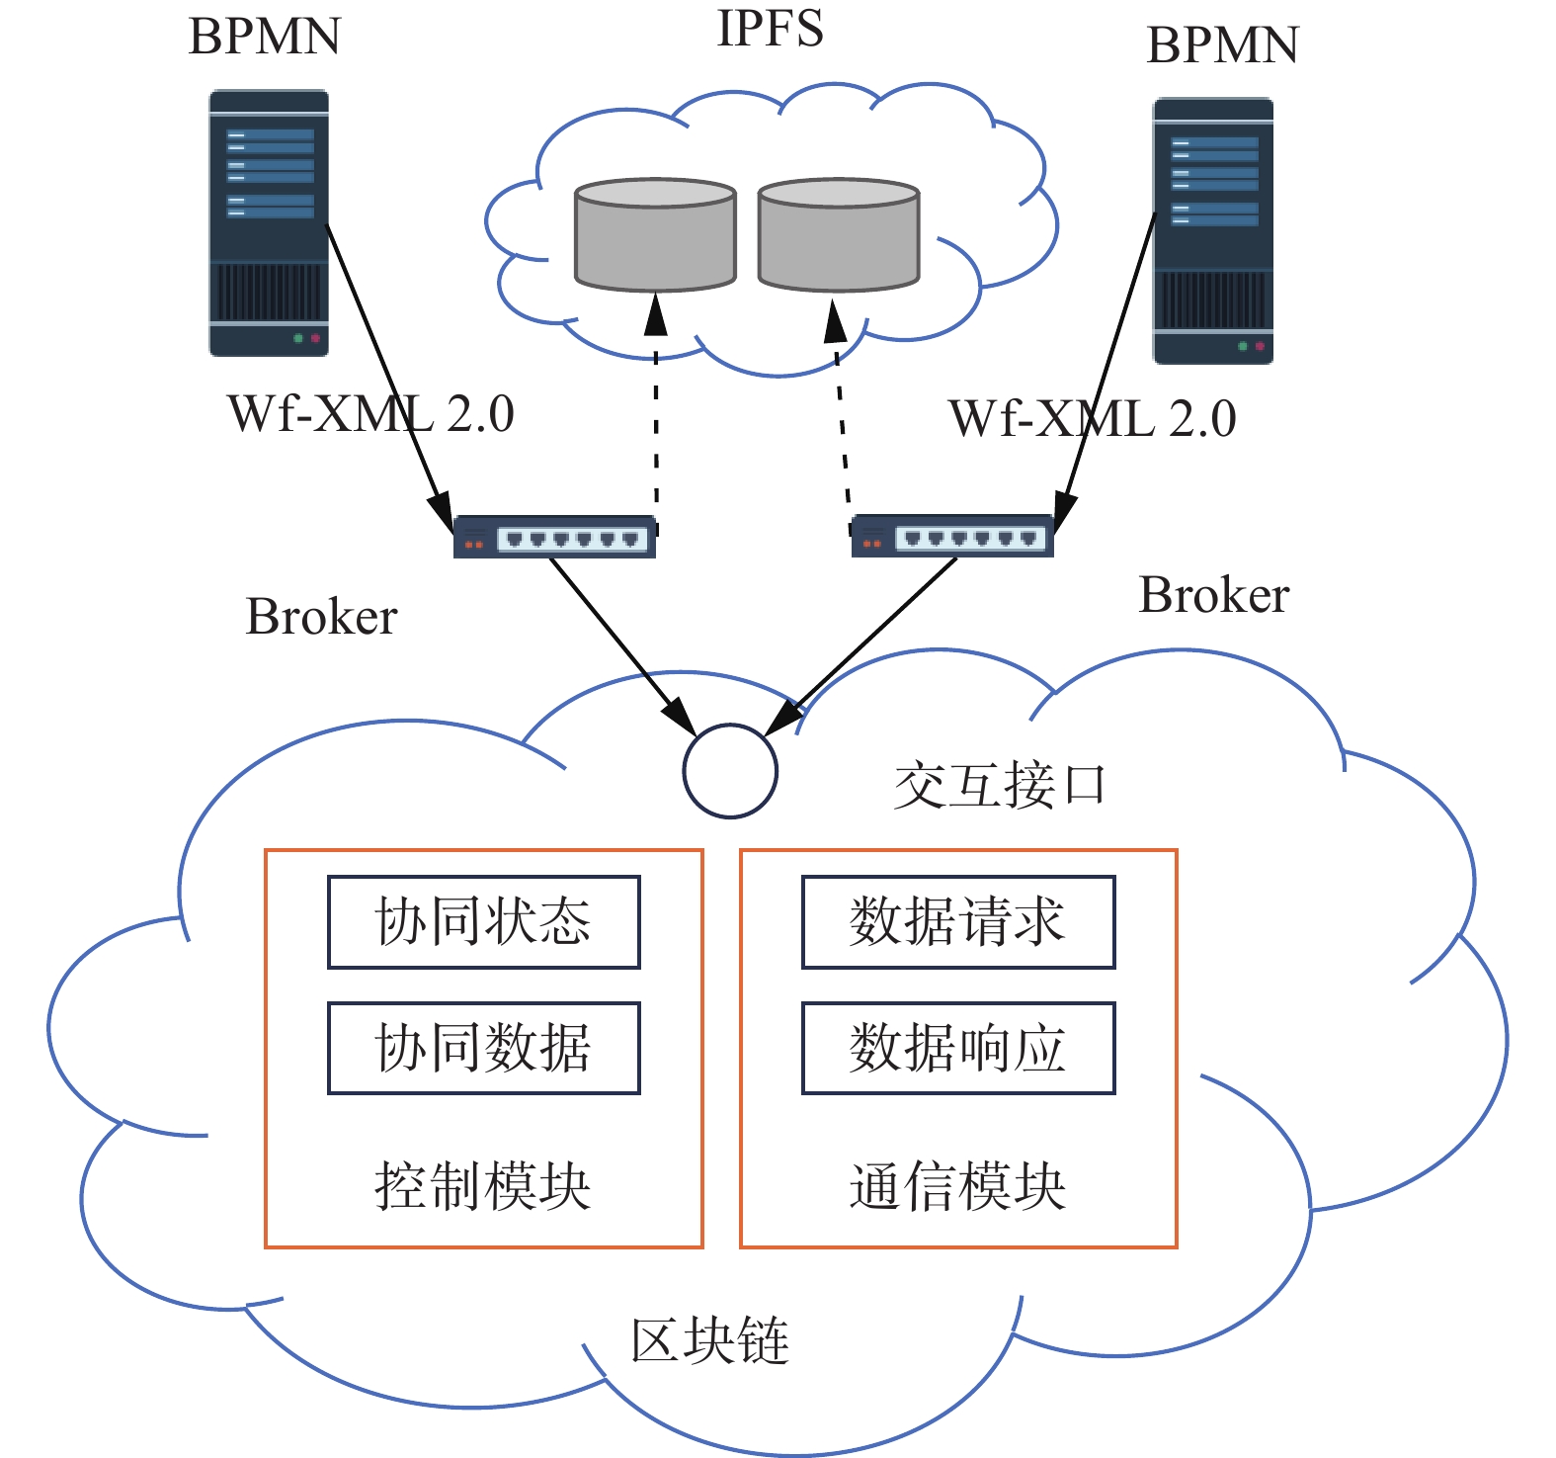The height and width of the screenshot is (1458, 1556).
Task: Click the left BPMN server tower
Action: tap(269, 222)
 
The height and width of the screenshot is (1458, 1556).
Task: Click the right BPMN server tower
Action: tap(1213, 230)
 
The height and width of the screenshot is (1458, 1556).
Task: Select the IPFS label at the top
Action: tap(770, 28)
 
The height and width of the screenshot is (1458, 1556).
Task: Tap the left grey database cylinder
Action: tap(655, 235)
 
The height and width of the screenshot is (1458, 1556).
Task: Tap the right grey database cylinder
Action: tap(839, 235)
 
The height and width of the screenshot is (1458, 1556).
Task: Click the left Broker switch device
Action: tap(554, 537)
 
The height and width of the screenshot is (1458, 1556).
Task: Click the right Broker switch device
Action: tap(952, 536)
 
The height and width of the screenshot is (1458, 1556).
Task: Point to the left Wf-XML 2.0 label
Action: tap(370, 413)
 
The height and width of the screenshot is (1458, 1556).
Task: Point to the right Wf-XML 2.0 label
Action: tap(1092, 418)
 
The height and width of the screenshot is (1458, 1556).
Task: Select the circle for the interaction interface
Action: tap(730, 771)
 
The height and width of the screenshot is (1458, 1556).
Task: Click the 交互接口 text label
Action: tap(999, 786)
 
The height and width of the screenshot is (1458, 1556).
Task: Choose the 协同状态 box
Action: tap(484, 921)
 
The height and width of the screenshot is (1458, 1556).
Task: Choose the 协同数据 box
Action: tap(484, 1048)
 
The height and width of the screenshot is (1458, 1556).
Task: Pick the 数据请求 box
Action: tap(958, 921)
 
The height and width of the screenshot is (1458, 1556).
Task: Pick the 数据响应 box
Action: tap(958, 1048)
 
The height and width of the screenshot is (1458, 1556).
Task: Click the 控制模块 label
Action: tap(483, 1186)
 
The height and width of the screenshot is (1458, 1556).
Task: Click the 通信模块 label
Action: tap(957, 1186)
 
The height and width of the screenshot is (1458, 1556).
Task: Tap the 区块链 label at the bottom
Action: tap(710, 1340)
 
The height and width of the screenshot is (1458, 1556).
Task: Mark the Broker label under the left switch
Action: tap(321, 617)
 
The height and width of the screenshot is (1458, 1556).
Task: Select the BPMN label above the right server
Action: tap(1222, 45)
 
